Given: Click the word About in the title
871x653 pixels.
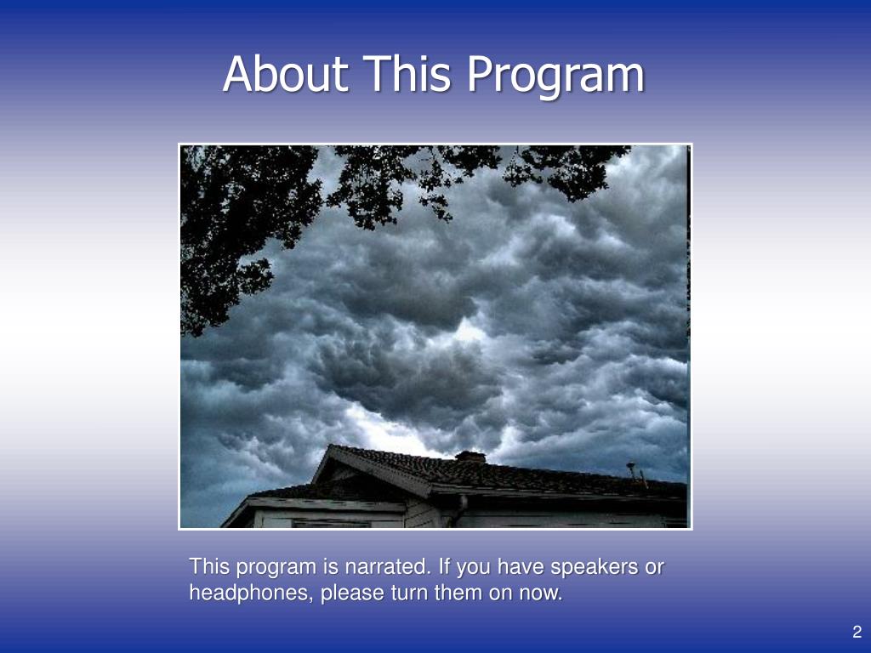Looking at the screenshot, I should pyautogui.click(x=285, y=74).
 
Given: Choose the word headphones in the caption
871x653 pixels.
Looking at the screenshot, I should pyautogui.click(x=250, y=593).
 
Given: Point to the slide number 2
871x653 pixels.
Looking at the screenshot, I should pyautogui.click(x=857, y=631).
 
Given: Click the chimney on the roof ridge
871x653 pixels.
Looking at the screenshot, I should pyautogui.click(x=470, y=457).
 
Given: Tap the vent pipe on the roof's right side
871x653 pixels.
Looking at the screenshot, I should pyautogui.click(x=632, y=471).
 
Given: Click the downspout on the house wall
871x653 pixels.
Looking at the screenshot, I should pyautogui.click(x=459, y=511).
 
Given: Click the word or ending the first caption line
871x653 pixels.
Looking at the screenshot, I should pyautogui.click(x=654, y=567).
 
